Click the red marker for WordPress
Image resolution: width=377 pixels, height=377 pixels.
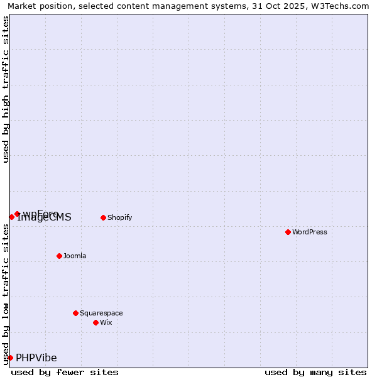click(288, 232)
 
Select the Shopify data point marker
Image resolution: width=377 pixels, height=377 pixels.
click(103, 217)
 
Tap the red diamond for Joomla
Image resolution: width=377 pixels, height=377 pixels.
click(59, 256)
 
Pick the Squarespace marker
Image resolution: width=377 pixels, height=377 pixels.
click(75, 313)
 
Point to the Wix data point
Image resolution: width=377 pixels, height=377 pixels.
click(96, 322)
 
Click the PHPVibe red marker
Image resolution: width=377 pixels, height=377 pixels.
click(10, 358)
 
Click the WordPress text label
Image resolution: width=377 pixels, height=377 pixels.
click(310, 232)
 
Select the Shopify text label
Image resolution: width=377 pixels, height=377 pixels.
click(119, 217)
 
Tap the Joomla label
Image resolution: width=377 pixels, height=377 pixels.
click(75, 256)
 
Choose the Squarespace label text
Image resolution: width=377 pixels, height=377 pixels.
click(101, 313)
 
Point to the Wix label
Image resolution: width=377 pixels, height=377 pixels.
click(106, 322)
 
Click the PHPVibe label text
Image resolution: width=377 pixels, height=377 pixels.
click(36, 358)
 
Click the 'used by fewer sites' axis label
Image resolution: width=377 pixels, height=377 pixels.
click(65, 372)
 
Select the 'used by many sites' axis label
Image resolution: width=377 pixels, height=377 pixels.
click(315, 372)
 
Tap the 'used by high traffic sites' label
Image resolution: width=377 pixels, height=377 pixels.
click(6, 89)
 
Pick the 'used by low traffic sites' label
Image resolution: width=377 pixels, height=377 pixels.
click(6, 294)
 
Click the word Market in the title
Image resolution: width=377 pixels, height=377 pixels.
click(23, 6)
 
